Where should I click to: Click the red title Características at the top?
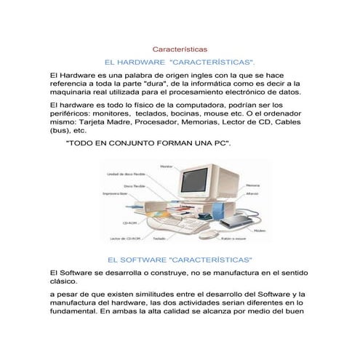coord(180,49)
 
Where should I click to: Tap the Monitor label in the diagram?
coord(167,166)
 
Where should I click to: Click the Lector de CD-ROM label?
coord(124,239)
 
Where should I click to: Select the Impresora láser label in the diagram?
coord(114,194)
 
